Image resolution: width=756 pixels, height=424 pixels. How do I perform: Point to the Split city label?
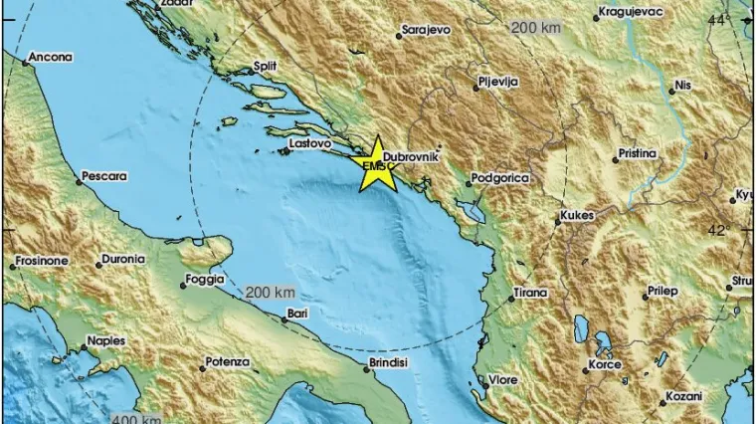[265, 66]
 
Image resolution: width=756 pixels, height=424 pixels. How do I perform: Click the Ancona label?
[51, 57]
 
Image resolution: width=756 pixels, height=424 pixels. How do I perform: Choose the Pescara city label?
[104, 176]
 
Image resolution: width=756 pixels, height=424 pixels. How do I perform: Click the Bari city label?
[295, 314]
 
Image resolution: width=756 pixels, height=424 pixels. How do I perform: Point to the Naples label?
[105, 340]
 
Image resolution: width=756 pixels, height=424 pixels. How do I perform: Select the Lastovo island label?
[308, 144]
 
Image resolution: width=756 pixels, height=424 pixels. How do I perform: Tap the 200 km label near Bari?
[271, 292]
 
